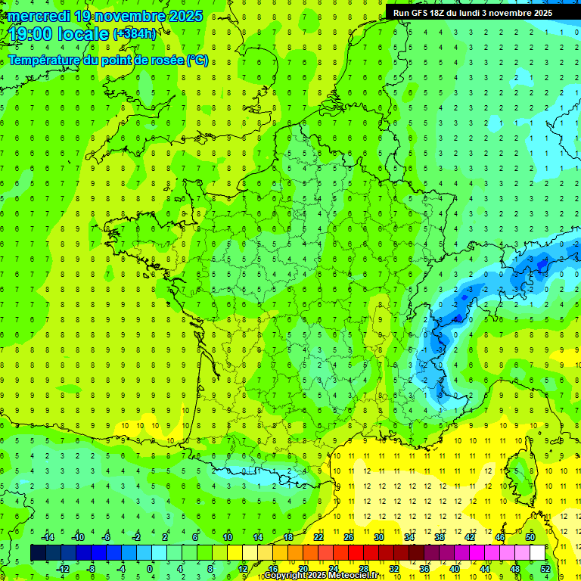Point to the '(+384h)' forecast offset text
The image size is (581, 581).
tap(135, 34)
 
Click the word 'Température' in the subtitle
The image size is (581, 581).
tap(45, 61)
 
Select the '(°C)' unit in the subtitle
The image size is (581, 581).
tap(197, 61)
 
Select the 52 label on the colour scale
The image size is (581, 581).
tap(545, 569)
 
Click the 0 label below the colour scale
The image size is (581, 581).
tap(150, 569)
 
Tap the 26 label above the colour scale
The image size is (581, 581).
tap(349, 537)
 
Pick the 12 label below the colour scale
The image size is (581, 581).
tap(242, 569)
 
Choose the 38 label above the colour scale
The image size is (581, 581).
tap(440, 537)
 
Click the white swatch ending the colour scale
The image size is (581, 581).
tap(537, 553)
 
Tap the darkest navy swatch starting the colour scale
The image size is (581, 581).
tap(38, 553)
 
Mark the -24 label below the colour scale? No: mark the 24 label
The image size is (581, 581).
tap(333, 569)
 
